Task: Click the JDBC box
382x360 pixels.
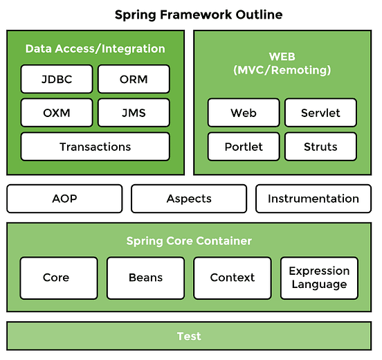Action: [56, 79]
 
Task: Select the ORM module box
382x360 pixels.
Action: [134, 79]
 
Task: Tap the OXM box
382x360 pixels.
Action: [56, 112]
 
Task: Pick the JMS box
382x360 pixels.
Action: [134, 112]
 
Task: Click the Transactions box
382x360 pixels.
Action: [95, 147]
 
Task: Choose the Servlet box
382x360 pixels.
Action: [320, 113]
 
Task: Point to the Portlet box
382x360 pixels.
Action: [244, 147]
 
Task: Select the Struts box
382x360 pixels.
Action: [320, 147]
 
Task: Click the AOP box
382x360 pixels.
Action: [64, 199]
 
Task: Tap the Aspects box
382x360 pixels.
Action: [189, 199]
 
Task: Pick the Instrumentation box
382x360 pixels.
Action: [313, 199]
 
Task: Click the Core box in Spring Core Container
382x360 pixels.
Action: [56, 278]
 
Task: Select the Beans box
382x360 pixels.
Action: [145, 278]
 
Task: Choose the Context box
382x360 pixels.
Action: [233, 278]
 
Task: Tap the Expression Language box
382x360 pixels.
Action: [319, 278]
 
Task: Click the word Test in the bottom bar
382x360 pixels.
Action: [189, 336]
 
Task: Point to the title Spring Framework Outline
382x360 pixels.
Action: [189, 15]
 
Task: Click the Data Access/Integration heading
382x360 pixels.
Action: [95, 49]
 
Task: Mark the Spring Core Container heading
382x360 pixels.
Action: [189, 241]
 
